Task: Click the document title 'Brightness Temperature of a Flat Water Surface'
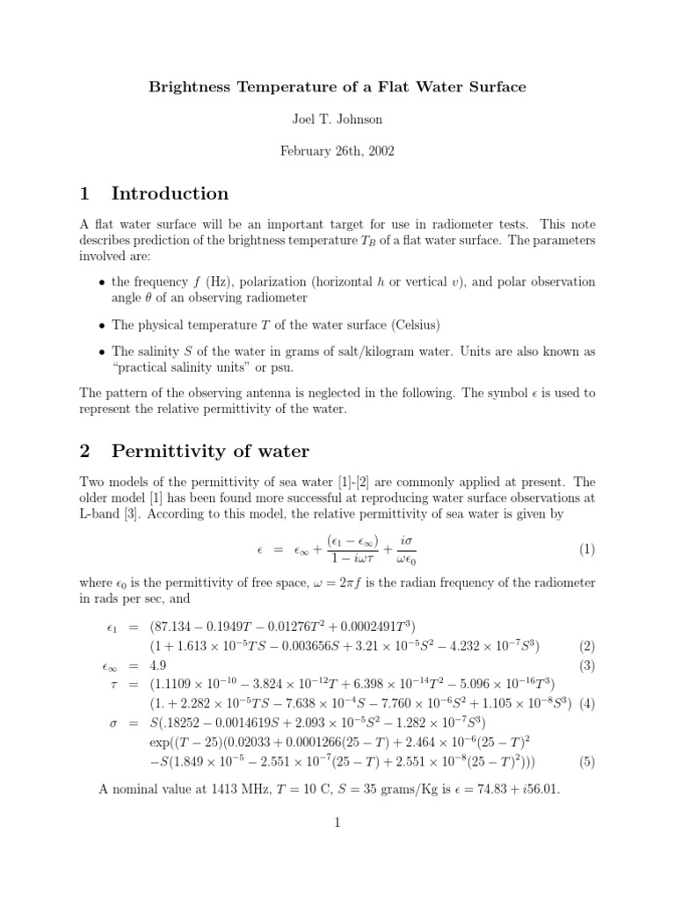click(337, 87)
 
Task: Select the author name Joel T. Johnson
click(337, 119)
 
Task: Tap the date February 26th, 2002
click(337, 150)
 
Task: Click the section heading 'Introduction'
click(170, 193)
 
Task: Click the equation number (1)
click(587, 549)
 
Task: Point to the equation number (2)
click(587, 646)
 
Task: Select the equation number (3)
click(587, 665)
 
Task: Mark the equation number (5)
click(587, 762)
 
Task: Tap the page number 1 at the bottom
click(337, 823)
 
